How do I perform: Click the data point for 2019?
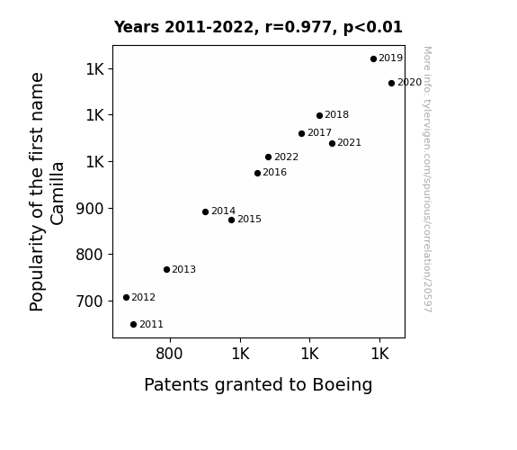tap(373, 59)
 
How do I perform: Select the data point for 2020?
tap(391, 83)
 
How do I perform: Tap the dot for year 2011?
tap(133, 325)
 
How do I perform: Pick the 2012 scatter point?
tap(126, 298)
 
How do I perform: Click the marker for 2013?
tap(166, 270)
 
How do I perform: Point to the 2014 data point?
tap(205, 212)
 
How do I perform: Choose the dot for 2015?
tap(231, 220)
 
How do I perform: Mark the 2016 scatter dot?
tap(257, 174)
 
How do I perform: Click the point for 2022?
tap(269, 157)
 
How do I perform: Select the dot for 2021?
tap(332, 144)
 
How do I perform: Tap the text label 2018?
tap(336, 115)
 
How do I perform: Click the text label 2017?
tap(319, 132)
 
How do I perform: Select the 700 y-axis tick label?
tap(90, 301)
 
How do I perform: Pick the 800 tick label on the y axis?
tap(90, 255)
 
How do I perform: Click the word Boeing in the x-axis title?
tap(343, 385)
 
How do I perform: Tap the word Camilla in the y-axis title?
tap(57, 193)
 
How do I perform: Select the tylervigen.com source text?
tap(427, 179)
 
